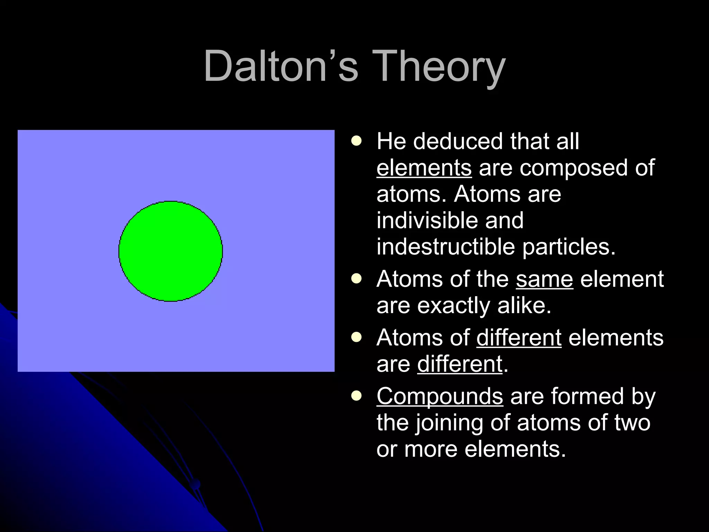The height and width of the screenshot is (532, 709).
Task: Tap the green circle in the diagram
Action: pyautogui.click(x=171, y=251)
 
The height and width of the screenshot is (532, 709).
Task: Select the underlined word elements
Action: pyautogui.click(x=424, y=168)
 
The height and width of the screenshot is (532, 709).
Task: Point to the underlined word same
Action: pyautogui.click(x=544, y=279)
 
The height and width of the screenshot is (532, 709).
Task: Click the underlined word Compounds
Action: pyautogui.click(x=440, y=396)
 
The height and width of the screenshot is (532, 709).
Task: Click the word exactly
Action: pyautogui.click(x=454, y=306)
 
